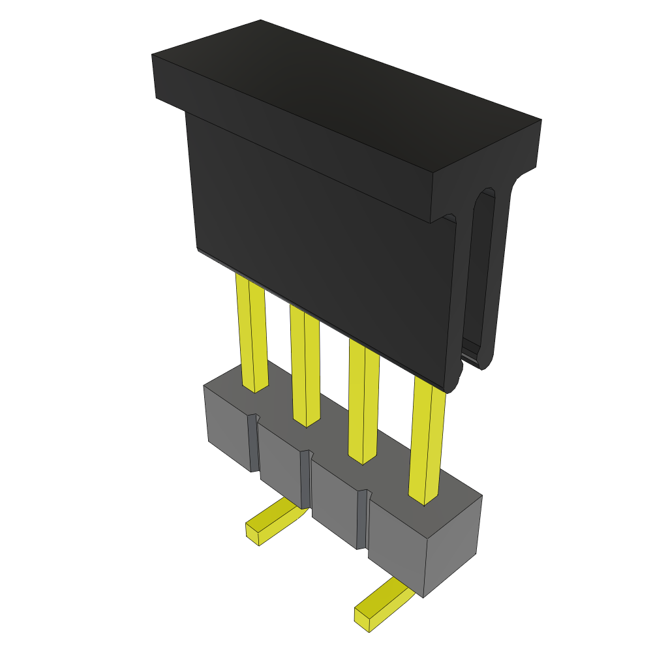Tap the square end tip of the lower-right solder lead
361,620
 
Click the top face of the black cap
346,98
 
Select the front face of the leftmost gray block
228,427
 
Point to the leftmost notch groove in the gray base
254,444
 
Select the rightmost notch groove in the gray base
362,519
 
